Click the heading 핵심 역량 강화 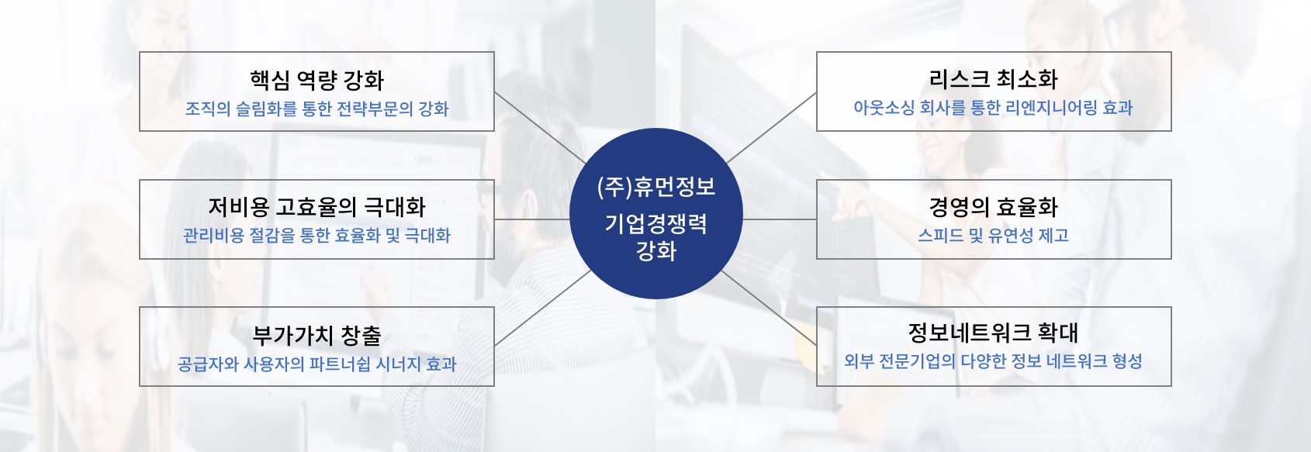click(317, 80)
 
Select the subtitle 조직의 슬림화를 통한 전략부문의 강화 click(317, 109)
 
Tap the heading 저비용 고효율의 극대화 click(317, 207)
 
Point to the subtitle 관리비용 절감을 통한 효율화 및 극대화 click(317, 236)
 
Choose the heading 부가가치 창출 click(317, 335)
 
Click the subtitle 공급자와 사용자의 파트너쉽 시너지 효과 click(317, 364)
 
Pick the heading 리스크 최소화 click(993, 80)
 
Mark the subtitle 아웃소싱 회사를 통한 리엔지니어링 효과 click(993, 108)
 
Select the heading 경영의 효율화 click(993, 207)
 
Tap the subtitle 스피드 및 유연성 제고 click(993, 235)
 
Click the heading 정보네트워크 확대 click(993, 332)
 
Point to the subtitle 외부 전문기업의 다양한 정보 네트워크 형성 click(993, 361)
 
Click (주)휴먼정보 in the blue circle click(656, 187)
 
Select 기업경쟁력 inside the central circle click(656, 223)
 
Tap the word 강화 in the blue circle click(656, 251)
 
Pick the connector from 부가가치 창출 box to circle click(542, 308)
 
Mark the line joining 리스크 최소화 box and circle click(771, 127)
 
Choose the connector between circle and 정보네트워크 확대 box click(769, 308)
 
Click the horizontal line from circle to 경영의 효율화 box click(780, 219)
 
